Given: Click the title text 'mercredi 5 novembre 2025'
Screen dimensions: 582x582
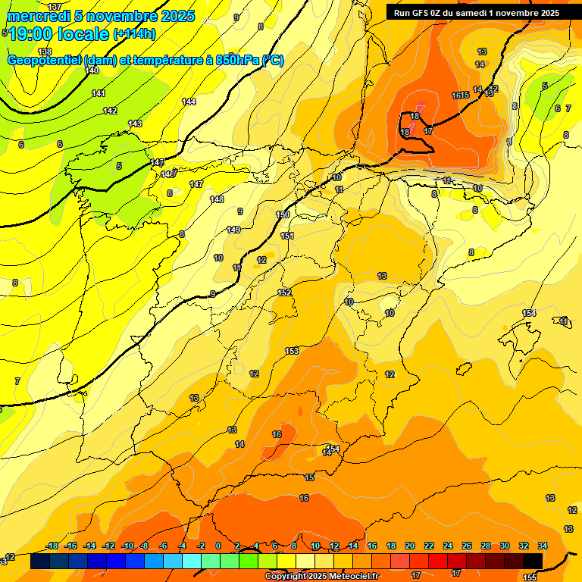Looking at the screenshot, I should coord(100,16).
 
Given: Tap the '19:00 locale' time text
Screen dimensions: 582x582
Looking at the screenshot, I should coord(59,34).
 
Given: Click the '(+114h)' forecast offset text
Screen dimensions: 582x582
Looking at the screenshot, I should coord(134,34).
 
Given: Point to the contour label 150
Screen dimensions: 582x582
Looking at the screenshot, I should coord(283,215).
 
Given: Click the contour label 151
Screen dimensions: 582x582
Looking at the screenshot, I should coord(287,236).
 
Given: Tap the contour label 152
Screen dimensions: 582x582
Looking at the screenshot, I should coord(284,293).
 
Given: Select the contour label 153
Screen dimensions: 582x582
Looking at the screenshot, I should coord(292,351).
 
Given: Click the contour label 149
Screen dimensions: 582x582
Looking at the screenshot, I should coord(233,230).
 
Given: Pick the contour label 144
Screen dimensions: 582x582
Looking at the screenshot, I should coord(189,102).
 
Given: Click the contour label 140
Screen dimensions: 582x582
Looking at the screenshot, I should coord(92,70).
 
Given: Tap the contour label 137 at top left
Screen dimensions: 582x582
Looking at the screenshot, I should coord(55,7).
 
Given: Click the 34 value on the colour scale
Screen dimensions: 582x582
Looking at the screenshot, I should coord(543,546).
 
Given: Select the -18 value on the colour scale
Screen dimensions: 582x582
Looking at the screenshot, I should coord(52,546).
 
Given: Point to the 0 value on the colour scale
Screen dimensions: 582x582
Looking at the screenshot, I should coord(218,546).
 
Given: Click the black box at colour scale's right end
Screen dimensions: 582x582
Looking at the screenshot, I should coord(533,561).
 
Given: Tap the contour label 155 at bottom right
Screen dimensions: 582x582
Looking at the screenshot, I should coord(530,577).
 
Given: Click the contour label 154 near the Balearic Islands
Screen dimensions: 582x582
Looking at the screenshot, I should coord(529,313).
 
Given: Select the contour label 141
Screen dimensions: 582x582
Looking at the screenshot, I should coord(99,93).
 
